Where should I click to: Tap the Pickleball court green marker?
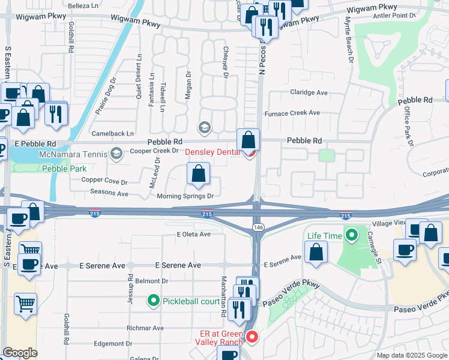[154, 301]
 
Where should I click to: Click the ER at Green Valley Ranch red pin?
[252, 338]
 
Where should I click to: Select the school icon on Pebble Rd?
[204, 127]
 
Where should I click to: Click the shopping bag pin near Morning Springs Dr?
[198, 175]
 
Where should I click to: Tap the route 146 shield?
[258, 227]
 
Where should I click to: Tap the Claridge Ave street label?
[309, 93]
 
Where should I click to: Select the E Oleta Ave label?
[194, 234]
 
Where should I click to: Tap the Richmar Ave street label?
[145, 328]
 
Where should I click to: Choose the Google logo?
[20, 353]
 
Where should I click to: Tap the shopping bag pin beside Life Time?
[316, 253]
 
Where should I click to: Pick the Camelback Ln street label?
[112, 133]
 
